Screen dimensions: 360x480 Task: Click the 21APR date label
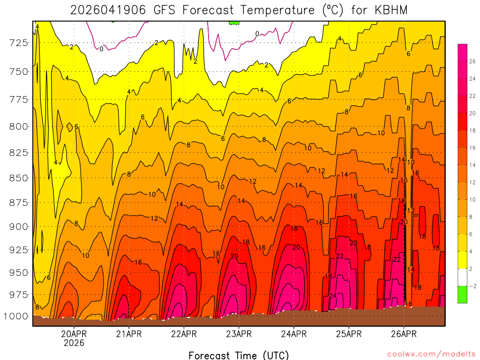(x=129, y=334)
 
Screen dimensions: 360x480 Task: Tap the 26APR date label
(x=404, y=334)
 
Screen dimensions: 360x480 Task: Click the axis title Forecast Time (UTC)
(x=239, y=355)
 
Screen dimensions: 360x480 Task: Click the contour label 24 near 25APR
(x=333, y=295)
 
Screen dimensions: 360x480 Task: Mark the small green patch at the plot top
(x=234, y=22)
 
